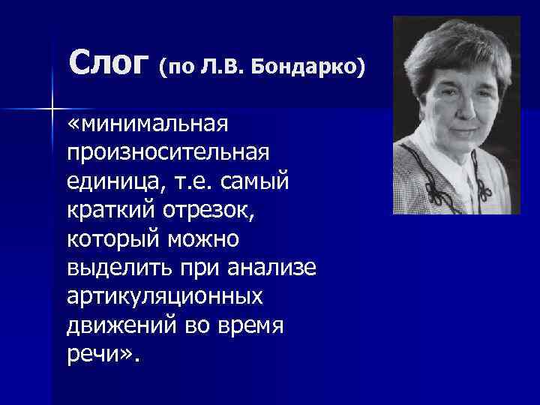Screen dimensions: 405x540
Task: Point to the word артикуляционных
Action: click(165, 297)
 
